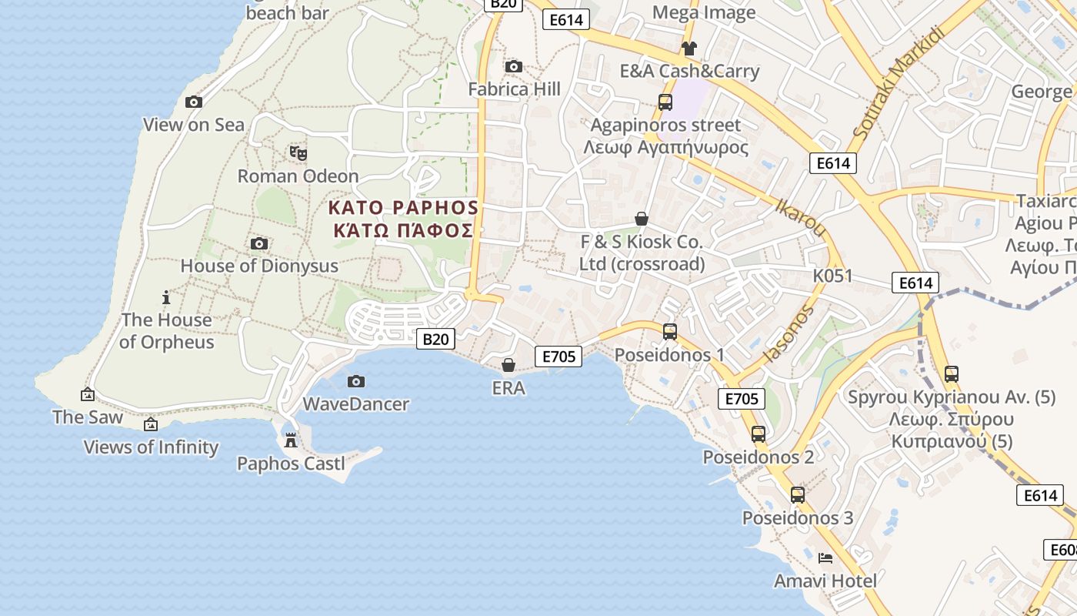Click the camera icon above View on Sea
(194, 102)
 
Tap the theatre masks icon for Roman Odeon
(298, 152)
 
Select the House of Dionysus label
(259, 266)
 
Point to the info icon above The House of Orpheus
(165, 297)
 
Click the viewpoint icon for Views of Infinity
(151, 424)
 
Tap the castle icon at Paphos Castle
(291, 440)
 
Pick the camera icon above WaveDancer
(355, 381)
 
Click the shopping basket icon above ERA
(508, 365)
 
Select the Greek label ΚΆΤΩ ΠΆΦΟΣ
(403, 230)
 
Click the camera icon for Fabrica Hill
(514, 67)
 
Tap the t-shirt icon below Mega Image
(689, 49)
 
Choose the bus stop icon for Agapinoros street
(665, 102)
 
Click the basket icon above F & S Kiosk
(642, 219)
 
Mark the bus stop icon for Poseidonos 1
(670, 332)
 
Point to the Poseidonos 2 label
(758, 457)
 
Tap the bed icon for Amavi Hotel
(825, 557)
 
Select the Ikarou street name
(800, 218)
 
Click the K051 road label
(832, 276)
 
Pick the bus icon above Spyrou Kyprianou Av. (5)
(952, 374)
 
